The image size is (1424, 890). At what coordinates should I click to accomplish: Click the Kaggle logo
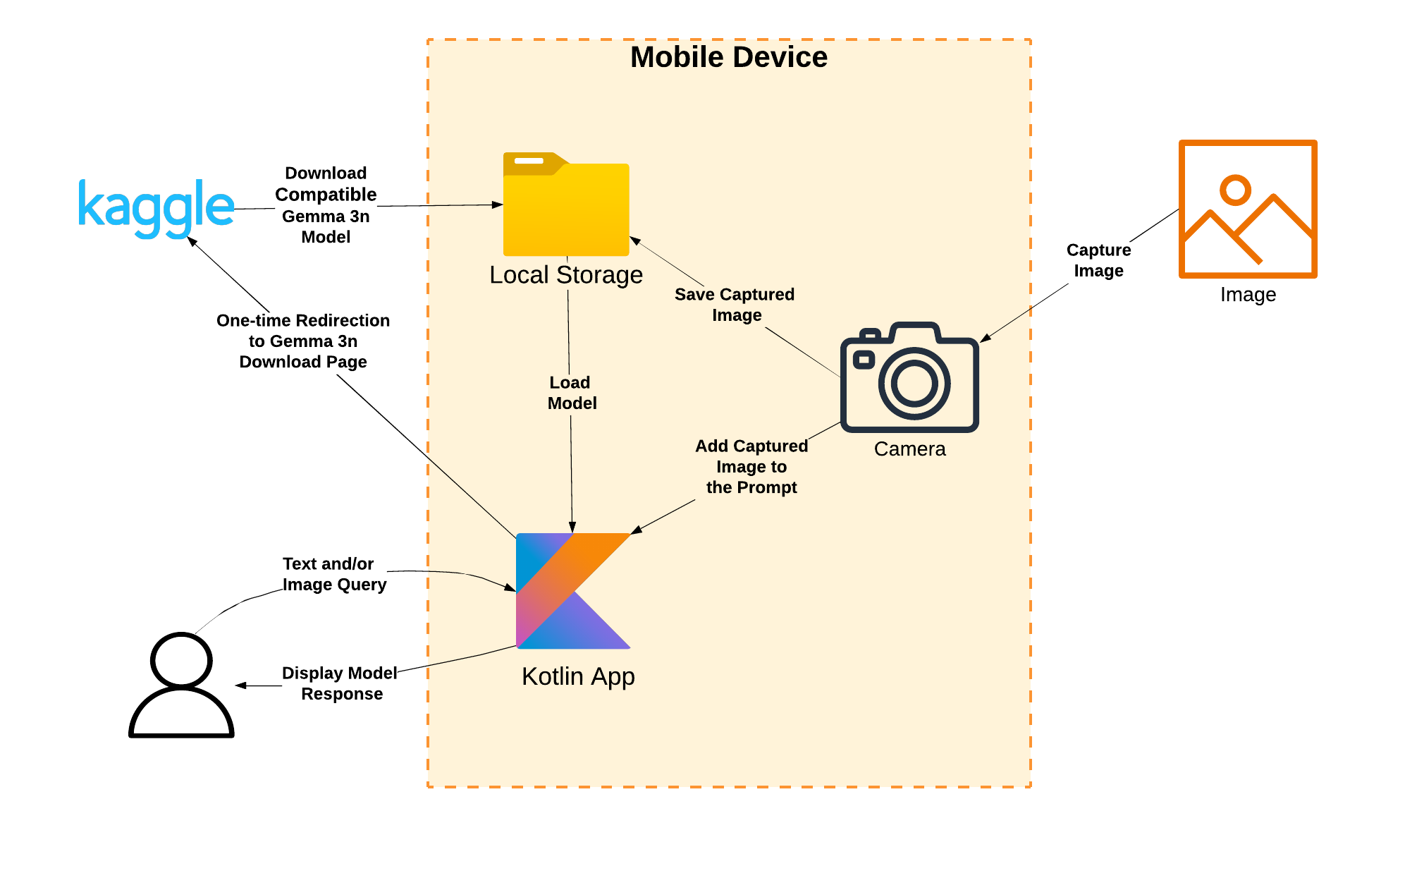click(156, 208)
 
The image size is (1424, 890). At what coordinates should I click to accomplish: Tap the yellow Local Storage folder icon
click(566, 204)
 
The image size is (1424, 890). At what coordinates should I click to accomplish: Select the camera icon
click(909, 377)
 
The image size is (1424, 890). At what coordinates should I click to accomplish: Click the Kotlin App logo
click(573, 591)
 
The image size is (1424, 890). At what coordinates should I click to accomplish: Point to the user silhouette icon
click(181, 685)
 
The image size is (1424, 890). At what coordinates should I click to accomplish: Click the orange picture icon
click(1248, 209)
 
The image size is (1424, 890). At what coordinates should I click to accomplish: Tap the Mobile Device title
click(729, 57)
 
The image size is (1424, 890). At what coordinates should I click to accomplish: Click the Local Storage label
click(566, 275)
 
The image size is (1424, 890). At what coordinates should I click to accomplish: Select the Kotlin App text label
click(578, 676)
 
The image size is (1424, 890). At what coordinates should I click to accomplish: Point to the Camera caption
click(909, 449)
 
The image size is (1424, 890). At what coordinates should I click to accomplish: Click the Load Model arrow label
click(572, 393)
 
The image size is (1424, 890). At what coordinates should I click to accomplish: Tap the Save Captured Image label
click(735, 305)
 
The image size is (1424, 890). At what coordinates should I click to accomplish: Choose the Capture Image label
click(1098, 260)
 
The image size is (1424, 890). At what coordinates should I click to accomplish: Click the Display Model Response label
click(340, 683)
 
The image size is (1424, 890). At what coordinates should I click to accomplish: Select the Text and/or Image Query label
click(334, 574)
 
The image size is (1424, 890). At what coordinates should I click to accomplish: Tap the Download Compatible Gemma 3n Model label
click(326, 205)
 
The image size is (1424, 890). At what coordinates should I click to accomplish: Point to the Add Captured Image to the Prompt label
click(751, 467)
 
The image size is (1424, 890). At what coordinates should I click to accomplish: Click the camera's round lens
click(914, 384)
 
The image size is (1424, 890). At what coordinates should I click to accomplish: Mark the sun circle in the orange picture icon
click(1235, 190)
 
